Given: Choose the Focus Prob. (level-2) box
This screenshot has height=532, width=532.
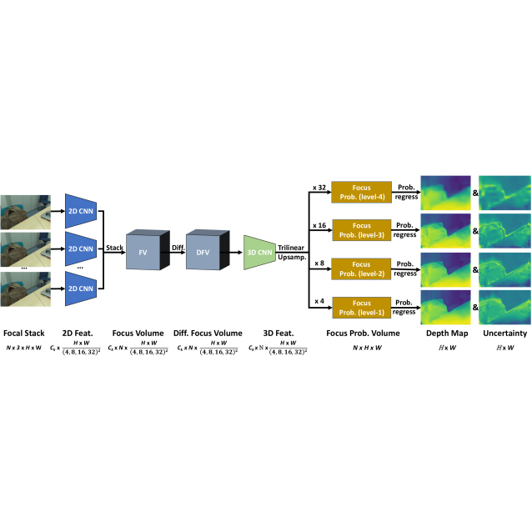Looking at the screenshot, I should (360, 268).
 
